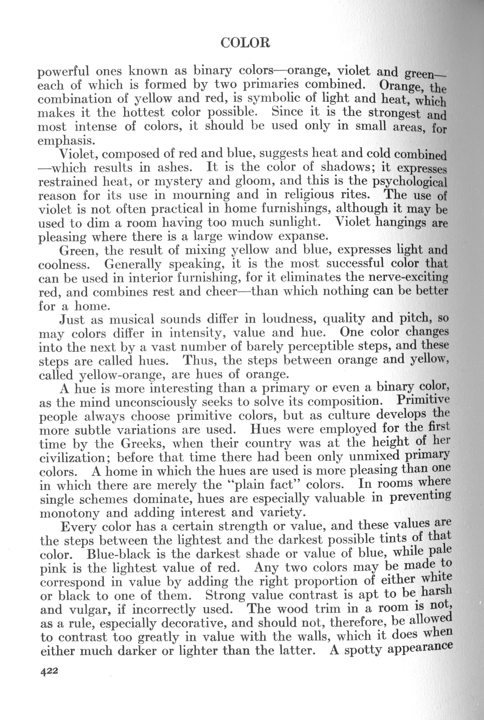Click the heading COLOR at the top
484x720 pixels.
[x=245, y=43]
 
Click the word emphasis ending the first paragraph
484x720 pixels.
[x=65, y=141]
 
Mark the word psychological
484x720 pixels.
[x=410, y=182]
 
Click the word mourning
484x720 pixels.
[x=201, y=195]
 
